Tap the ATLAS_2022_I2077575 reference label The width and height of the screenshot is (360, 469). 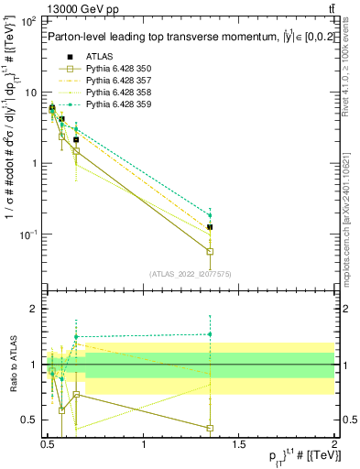pyautogui.click(x=189, y=274)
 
